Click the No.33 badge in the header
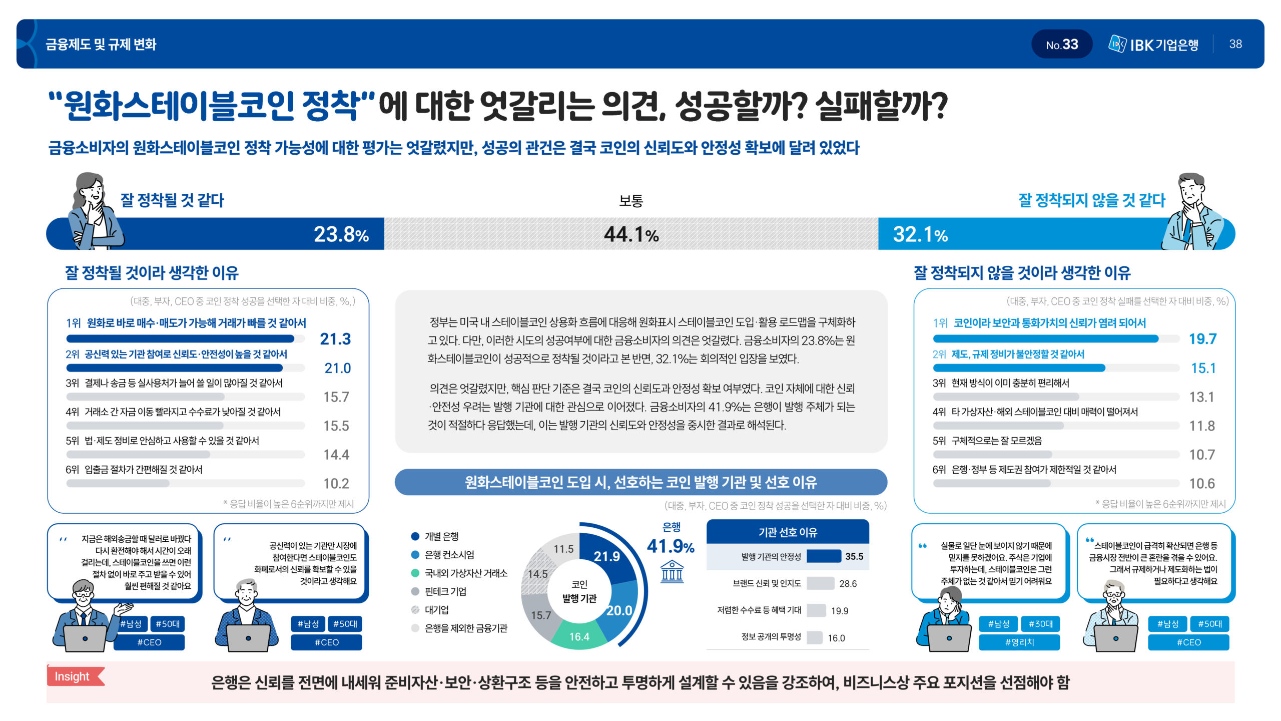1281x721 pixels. click(x=1061, y=45)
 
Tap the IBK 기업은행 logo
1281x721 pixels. click(x=1153, y=45)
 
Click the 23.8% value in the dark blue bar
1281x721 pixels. click(x=341, y=234)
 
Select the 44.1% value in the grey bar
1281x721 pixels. click(x=631, y=234)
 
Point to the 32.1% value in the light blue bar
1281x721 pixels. click(x=920, y=234)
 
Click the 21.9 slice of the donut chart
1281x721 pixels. click(x=606, y=556)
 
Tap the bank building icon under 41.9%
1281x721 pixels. click(x=672, y=572)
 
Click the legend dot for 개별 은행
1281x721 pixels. click(x=415, y=536)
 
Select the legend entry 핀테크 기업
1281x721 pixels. click(x=445, y=591)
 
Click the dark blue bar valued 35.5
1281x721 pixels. click(x=824, y=556)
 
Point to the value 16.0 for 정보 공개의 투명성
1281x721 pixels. click(x=836, y=638)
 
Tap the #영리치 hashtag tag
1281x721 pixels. click(x=1019, y=642)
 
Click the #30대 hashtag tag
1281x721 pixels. click(x=1040, y=624)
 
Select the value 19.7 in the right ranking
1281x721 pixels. click(x=1202, y=339)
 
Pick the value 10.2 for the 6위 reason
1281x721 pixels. click(x=336, y=483)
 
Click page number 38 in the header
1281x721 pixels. click(x=1235, y=44)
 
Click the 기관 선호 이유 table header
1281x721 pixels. click(x=788, y=532)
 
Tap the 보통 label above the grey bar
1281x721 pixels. click(x=630, y=201)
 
